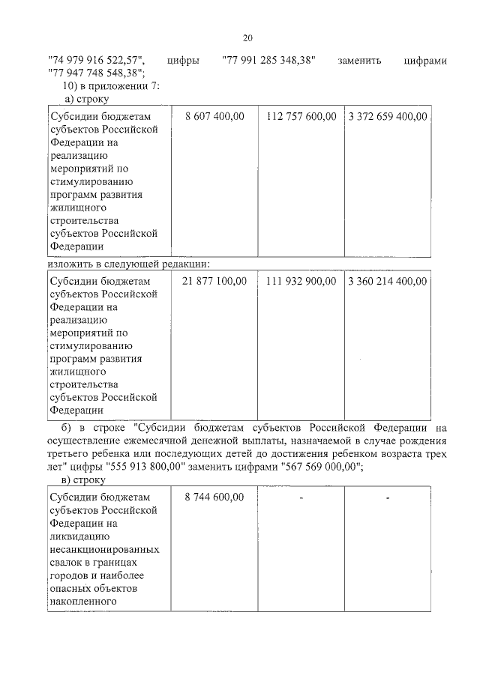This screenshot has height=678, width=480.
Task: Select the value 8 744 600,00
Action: click(x=214, y=497)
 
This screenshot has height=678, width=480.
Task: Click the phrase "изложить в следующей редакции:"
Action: click(x=127, y=264)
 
